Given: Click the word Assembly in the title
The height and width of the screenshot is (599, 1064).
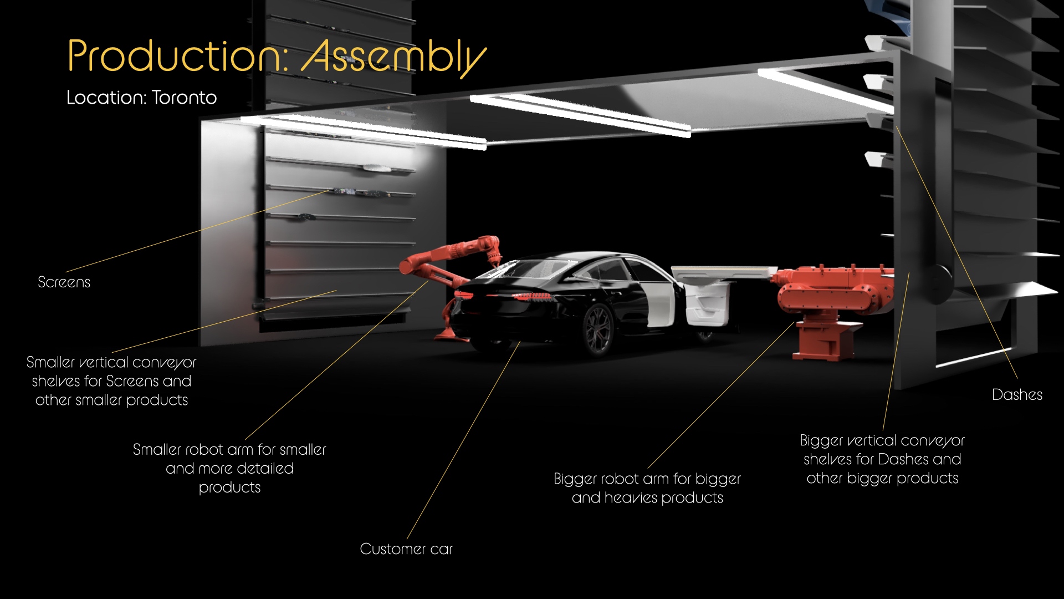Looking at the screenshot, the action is coord(394,57).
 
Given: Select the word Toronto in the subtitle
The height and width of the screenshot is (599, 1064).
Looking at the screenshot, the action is coord(184,98).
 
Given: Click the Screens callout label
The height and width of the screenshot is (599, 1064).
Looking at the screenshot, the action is coord(64,282).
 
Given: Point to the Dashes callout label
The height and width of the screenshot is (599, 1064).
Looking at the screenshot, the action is coord(1017,394).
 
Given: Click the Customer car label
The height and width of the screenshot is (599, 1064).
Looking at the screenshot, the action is coord(406,549).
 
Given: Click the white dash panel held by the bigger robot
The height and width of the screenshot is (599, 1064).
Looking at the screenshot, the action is coord(723,272).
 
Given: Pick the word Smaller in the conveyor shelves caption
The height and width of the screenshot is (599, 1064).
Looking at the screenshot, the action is coord(50,362).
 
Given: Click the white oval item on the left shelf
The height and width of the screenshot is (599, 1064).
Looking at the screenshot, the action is coord(378,167).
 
